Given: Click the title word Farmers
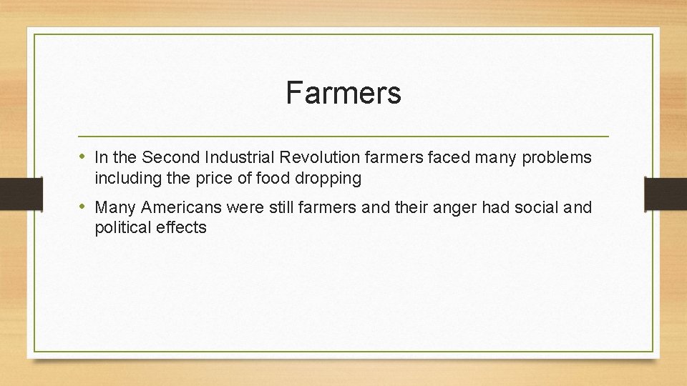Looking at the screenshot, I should (x=343, y=92).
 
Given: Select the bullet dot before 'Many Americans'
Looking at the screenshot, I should (x=84, y=207).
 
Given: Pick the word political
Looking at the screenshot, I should (x=120, y=229).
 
